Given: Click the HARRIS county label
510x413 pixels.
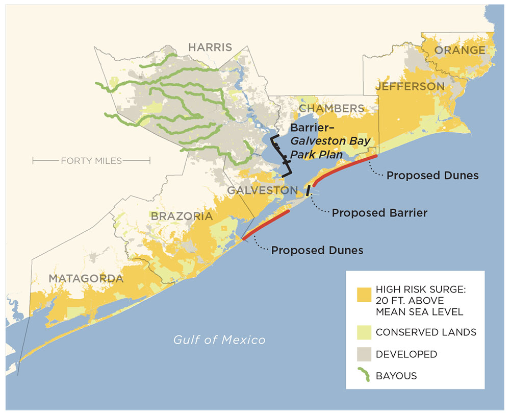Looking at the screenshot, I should pyautogui.click(x=210, y=47).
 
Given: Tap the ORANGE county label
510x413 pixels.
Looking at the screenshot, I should pyautogui.click(x=460, y=50).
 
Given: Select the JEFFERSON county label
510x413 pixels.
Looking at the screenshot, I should pyautogui.click(x=410, y=87).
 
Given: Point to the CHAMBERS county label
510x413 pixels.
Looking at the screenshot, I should pyautogui.click(x=331, y=109).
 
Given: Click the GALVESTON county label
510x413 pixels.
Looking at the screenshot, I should pyautogui.click(x=262, y=190).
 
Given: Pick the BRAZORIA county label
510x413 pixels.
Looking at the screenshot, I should pyautogui.click(x=182, y=216).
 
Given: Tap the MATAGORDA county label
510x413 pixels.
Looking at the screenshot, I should pyautogui.click(x=86, y=279).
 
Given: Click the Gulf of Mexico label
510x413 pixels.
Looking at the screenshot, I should pyautogui.click(x=219, y=339).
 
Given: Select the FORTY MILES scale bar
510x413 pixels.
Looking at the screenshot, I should pyautogui.click(x=91, y=161).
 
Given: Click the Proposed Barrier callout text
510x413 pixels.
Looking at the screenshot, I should pyautogui.click(x=379, y=212).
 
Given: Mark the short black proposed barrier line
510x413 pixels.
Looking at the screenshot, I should pyautogui.click(x=308, y=190).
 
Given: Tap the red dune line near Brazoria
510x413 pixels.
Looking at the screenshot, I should pyautogui.click(x=266, y=224).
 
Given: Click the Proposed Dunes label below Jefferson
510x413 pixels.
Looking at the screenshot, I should pyautogui.click(x=432, y=176).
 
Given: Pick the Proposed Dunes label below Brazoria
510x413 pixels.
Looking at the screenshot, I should pyautogui.click(x=317, y=251).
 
